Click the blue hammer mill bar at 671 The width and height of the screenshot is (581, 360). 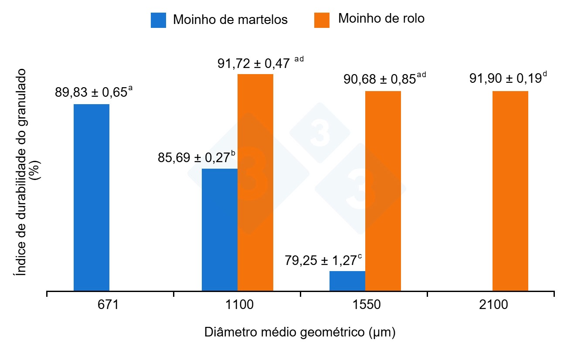(x=92, y=197)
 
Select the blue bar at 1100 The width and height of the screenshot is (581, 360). (x=220, y=229)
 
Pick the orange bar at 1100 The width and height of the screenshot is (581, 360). (x=255, y=182)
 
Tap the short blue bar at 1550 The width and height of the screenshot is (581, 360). (x=347, y=281)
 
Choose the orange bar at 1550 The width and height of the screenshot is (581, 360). (x=383, y=191)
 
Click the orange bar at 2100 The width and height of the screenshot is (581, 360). (x=510, y=191)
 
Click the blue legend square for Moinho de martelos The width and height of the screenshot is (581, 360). (x=158, y=20)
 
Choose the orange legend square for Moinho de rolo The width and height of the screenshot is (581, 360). (x=322, y=20)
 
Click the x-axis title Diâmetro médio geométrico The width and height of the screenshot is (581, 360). (x=300, y=333)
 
